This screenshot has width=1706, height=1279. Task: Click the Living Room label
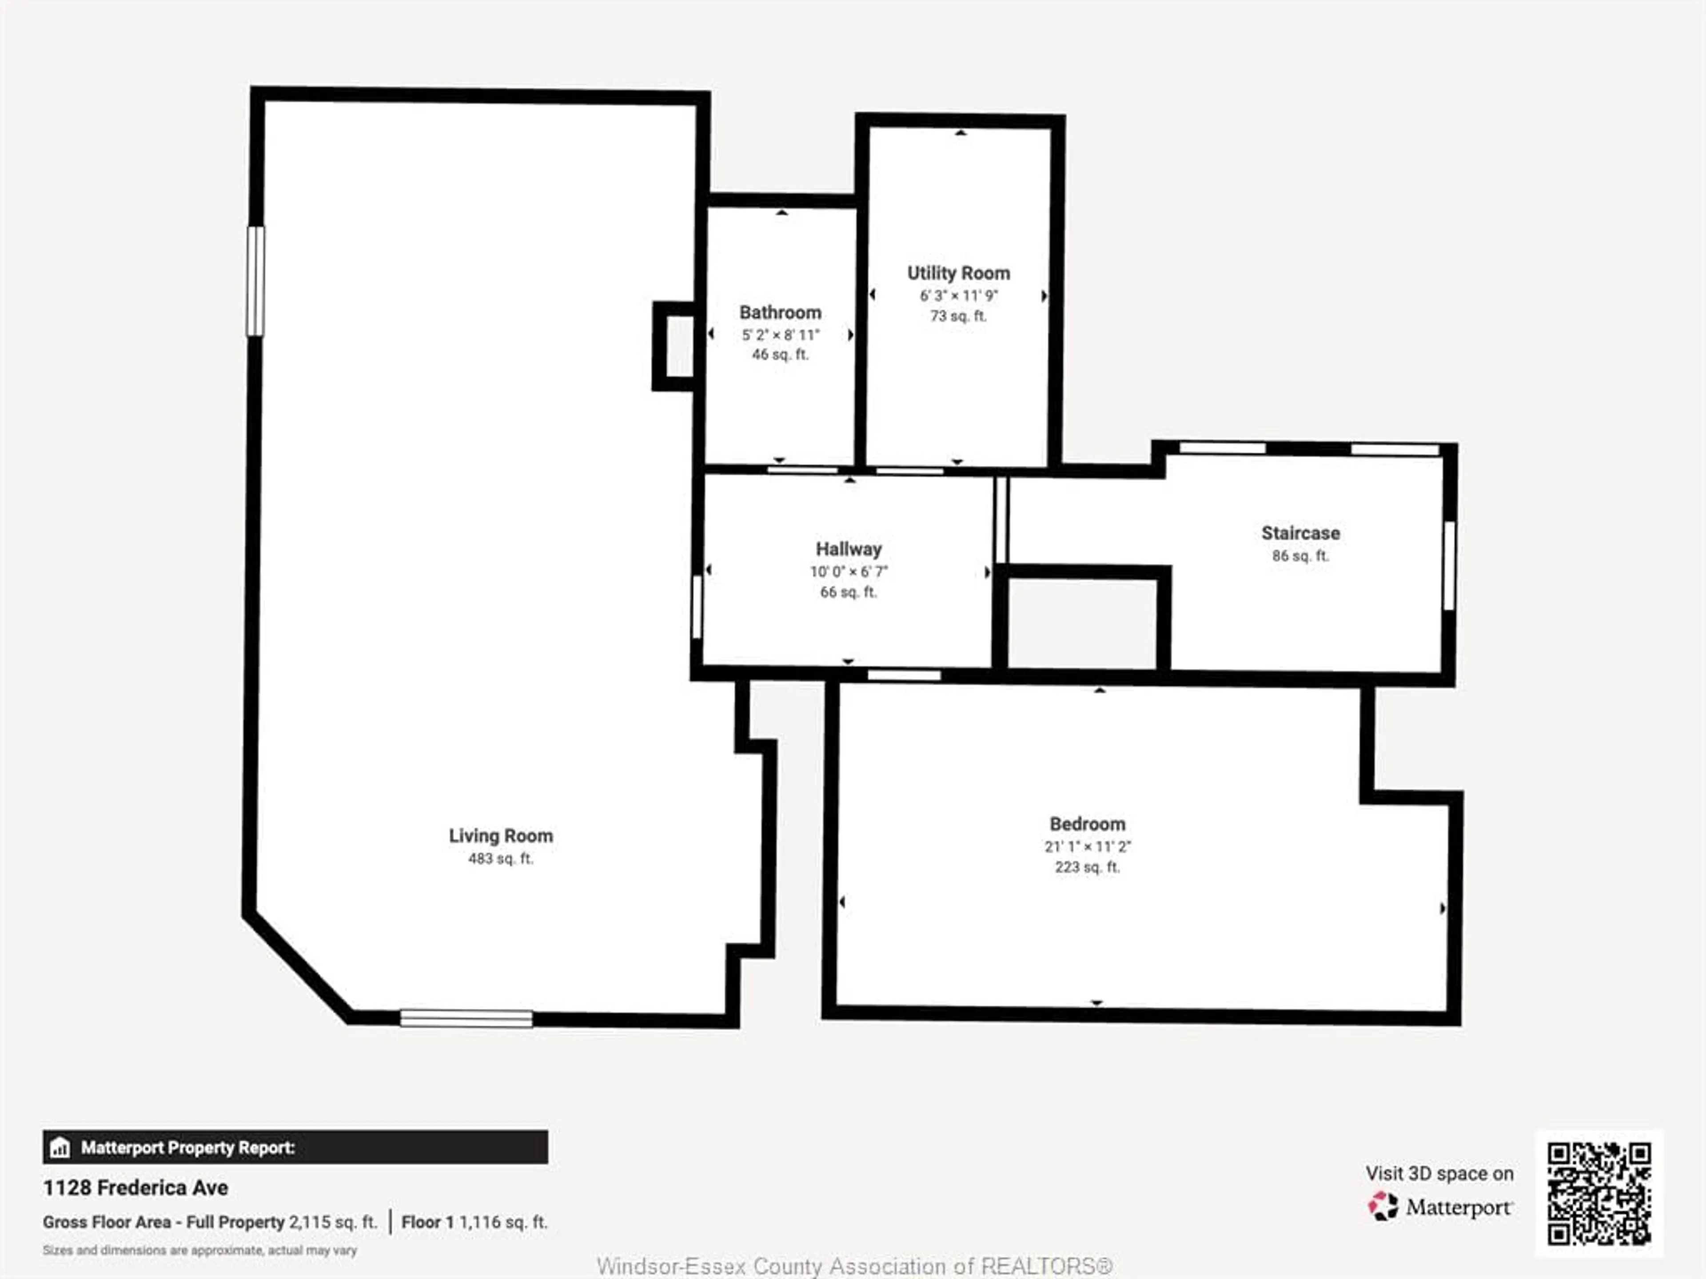501,836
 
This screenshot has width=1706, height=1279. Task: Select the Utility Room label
958,273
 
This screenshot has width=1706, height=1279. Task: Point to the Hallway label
849,549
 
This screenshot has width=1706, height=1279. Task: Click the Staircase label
1300,533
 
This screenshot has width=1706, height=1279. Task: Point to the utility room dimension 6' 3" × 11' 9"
958,295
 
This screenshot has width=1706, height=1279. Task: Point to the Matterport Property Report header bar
295,1147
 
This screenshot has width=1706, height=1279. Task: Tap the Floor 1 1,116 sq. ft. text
474,1223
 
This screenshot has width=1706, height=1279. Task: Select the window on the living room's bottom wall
466,1018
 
